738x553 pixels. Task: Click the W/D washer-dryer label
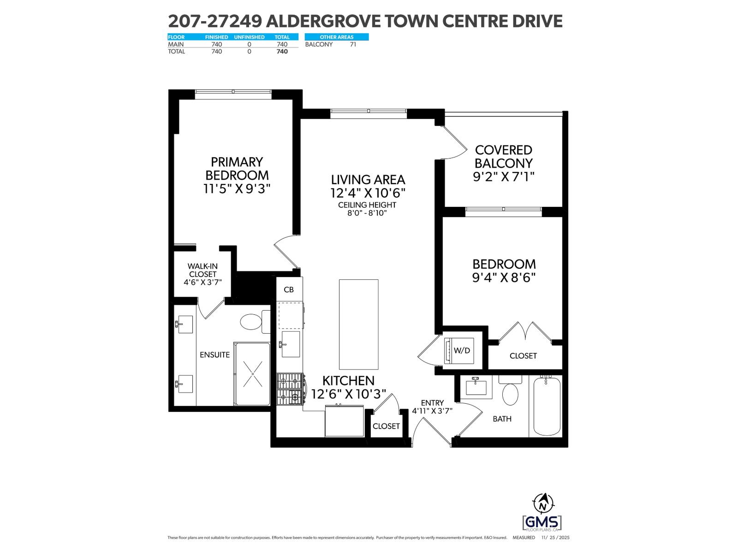coord(462,351)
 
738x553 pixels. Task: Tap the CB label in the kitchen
coord(289,290)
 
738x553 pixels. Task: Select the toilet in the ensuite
coord(251,321)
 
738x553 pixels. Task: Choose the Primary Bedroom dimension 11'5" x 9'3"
coord(237,188)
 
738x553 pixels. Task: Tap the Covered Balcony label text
coord(504,157)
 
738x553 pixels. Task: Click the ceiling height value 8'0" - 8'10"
coord(367,213)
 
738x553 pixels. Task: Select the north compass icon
coord(543,503)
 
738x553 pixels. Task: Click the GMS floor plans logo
coord(542,523)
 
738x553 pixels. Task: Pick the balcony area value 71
coord(353,45)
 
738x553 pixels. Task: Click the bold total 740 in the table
coord(282,52)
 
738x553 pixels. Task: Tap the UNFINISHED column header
coord(249,37)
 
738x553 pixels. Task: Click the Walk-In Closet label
coord(202,274)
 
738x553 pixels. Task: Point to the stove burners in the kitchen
coord(289,388)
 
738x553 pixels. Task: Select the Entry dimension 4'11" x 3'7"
coord(432,411)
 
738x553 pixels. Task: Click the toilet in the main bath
coord(510,394)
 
